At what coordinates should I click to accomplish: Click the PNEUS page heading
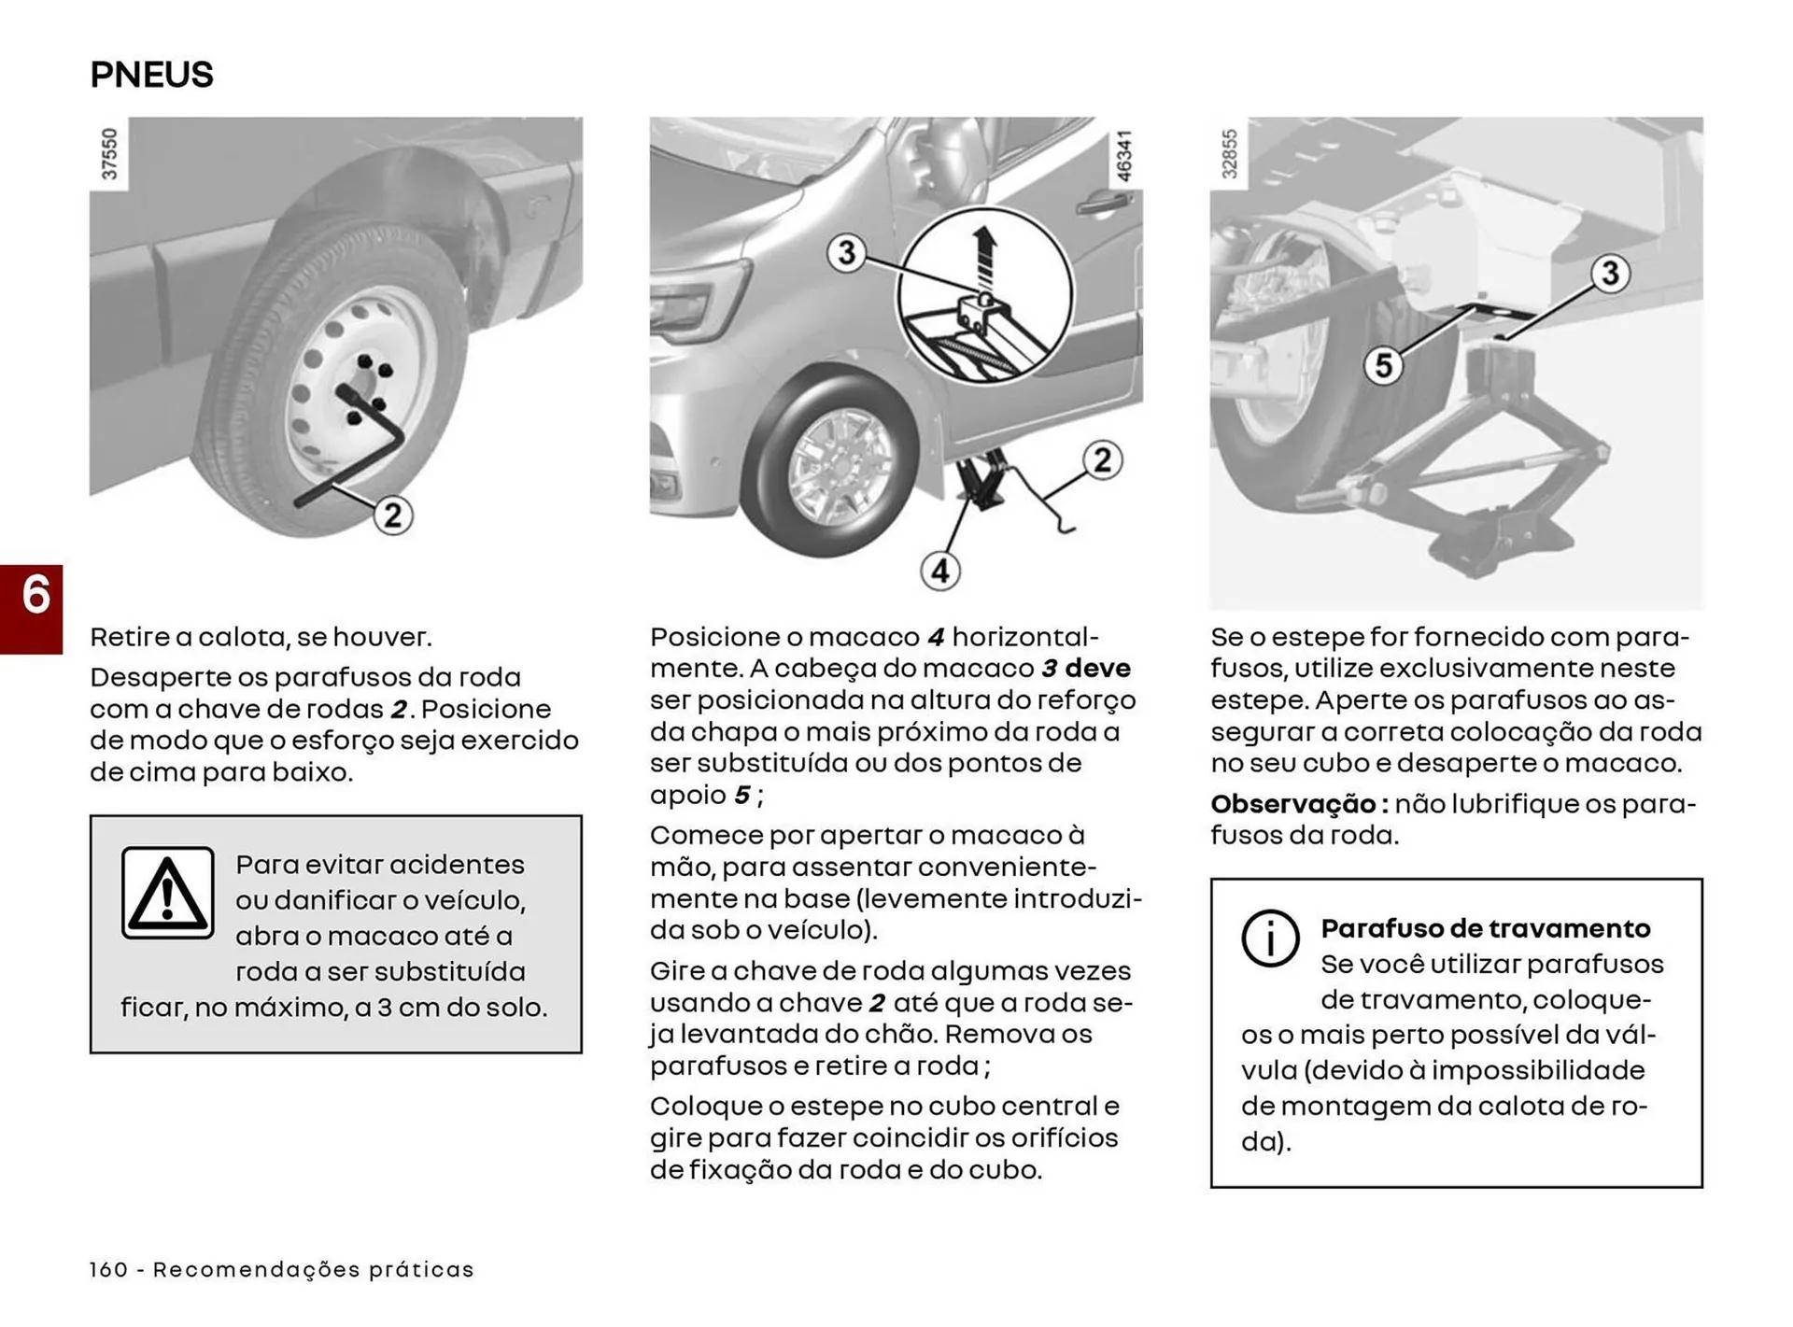point(151,75)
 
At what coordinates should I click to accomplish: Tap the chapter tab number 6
point(35,596)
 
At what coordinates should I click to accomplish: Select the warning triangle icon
point(168,893)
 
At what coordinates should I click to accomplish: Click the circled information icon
point(1270,938)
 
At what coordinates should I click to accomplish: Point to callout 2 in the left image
point(393,515)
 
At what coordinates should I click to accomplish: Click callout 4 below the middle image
point(940,571)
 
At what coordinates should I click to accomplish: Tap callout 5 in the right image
point(1383,365)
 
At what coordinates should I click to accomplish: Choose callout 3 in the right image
point(1610,274)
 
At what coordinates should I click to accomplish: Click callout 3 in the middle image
point(847,252)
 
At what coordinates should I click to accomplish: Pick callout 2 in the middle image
point(1103,460)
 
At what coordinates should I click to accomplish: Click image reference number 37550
point(109,154)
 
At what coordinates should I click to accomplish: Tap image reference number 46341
point(1123,156)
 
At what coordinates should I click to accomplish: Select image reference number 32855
point(1229,154)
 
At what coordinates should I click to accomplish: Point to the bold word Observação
point(1293,804)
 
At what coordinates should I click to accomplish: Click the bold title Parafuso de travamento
point(1485,928)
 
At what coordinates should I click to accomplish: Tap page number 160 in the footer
point(108,1269)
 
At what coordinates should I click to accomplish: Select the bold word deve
point(1097,669)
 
